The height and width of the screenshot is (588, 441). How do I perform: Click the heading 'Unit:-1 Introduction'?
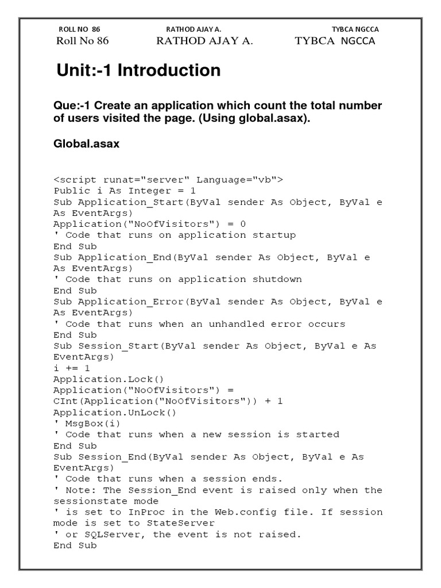pos(138,71)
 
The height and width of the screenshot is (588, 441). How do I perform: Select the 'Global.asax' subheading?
pos(86,144)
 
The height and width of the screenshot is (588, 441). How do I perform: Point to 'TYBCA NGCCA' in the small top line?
pos(355,29)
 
